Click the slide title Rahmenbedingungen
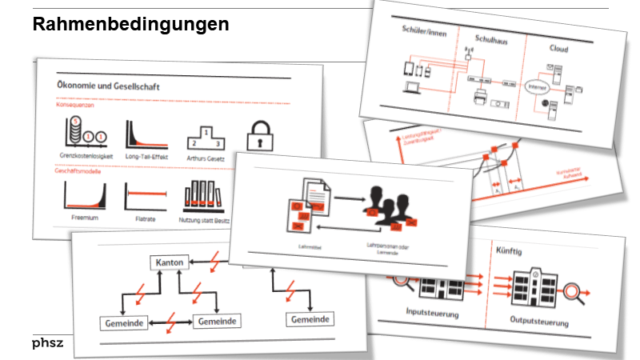[131, 25]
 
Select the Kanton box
[169, 262]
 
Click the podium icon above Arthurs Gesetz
[205, 134]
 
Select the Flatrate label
[143, 217]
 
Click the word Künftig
[510, 251]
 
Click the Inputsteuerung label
[432, 314]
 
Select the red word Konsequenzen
[75, 104]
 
